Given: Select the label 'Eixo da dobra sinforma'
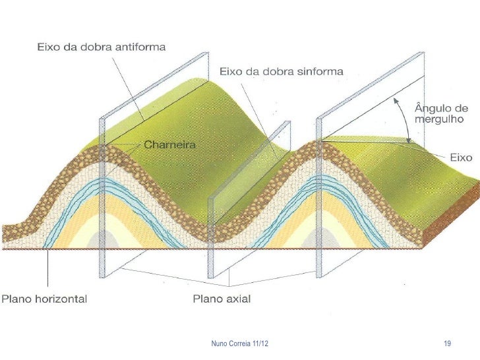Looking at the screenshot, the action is coord(280,71).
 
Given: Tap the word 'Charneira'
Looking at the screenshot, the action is coord(169,144).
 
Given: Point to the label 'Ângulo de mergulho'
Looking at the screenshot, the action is coord(440,113).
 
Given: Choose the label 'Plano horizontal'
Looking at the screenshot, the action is coord(45,299).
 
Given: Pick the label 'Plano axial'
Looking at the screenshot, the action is coord(222,299).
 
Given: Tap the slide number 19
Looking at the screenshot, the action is coord(447,345).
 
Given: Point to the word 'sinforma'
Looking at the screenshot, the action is coord(320,71).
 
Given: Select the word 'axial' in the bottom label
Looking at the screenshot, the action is coord(237,299).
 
